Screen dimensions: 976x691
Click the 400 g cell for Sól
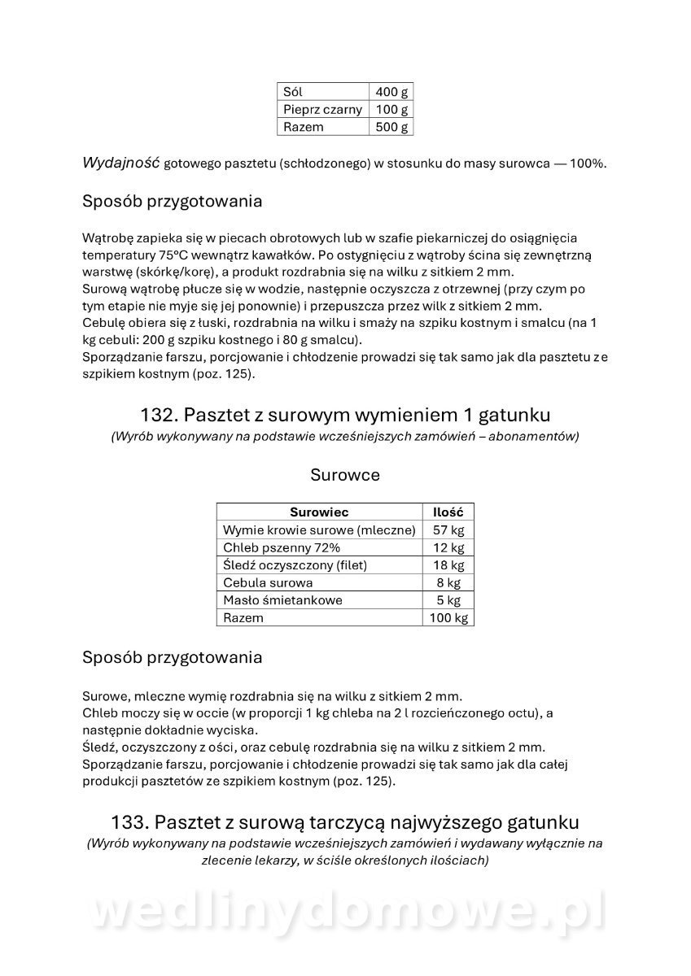pos(391,92)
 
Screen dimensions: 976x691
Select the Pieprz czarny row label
pos(323,110)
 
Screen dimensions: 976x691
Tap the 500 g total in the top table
pos(391,127)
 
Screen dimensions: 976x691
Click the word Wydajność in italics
pos(120,163)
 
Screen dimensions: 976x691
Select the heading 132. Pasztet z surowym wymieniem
pos(345,415)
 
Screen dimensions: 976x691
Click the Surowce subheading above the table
pos(345,475)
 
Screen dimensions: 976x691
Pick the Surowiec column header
pos(319,512)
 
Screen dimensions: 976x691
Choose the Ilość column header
pos(448,512)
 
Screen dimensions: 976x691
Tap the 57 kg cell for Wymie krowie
pos(448,530)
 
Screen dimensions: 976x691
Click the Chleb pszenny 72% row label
pos(270,547)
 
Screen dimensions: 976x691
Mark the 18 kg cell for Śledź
pos(448,565)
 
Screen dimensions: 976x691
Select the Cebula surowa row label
pos(268,582)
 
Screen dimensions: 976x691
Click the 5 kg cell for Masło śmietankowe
pos(448,600)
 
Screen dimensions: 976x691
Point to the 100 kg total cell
pos(448,618)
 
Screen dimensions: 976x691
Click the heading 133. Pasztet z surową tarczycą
pos(345,821)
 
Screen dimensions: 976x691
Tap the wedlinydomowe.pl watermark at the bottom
pos(345,913)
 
